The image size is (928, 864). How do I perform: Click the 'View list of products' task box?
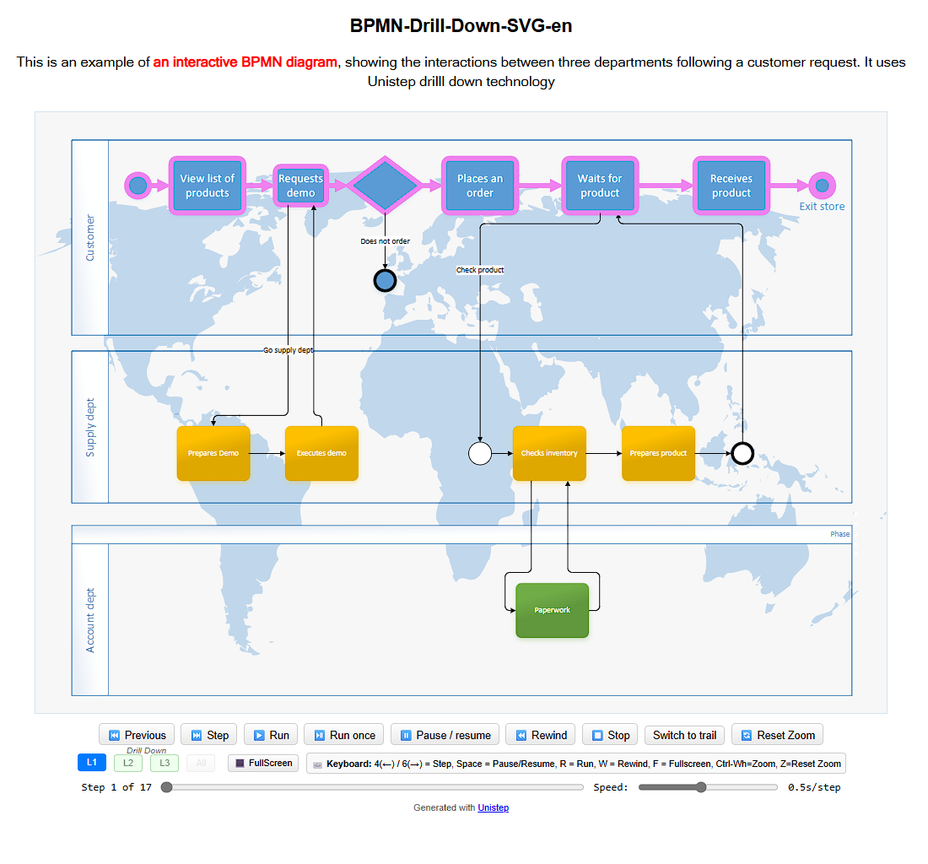208,186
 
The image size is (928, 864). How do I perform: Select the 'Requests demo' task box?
301,186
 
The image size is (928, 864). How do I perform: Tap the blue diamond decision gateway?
385,186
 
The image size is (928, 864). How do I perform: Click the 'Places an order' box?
479,186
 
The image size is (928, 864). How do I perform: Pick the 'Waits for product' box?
600,186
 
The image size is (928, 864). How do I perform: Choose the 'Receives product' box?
731,186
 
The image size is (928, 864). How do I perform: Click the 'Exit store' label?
822,207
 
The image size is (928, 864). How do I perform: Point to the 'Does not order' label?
385,241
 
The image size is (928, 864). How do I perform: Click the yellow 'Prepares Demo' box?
213,453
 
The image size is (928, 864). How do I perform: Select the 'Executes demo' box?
321,453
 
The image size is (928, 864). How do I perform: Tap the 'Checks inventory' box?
549,453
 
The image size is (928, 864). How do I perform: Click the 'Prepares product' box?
658,453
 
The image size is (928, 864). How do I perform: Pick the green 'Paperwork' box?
552,610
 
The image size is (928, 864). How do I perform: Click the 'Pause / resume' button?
445,735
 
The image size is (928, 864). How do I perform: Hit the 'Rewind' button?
541,735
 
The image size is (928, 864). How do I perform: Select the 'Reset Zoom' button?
777,735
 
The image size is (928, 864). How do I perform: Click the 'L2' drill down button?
128,763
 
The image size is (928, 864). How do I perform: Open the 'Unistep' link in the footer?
493,807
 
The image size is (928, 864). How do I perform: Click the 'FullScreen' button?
263,763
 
